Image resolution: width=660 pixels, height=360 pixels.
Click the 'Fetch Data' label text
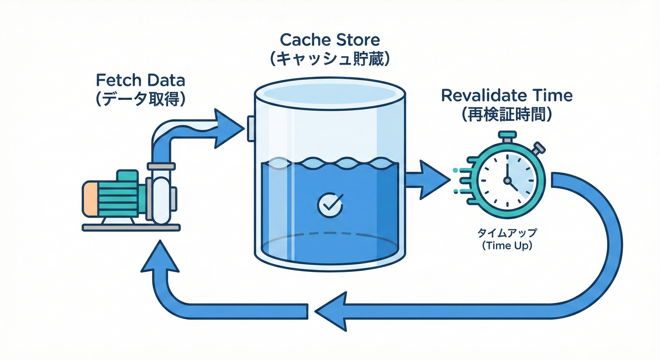click(x=140, y=80)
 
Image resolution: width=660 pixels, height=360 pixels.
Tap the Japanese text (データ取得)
click(x=140, y=100)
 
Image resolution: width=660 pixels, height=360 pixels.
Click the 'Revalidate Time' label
click(x=507, y=95)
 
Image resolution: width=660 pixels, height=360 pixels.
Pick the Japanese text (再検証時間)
click(x=507, y=115)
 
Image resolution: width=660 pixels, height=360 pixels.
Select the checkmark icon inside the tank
click(x=330, y=204)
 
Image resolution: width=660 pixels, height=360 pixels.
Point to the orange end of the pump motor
click(x=90, y=198)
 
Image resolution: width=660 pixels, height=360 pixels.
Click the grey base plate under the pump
click(x=131, y=227)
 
